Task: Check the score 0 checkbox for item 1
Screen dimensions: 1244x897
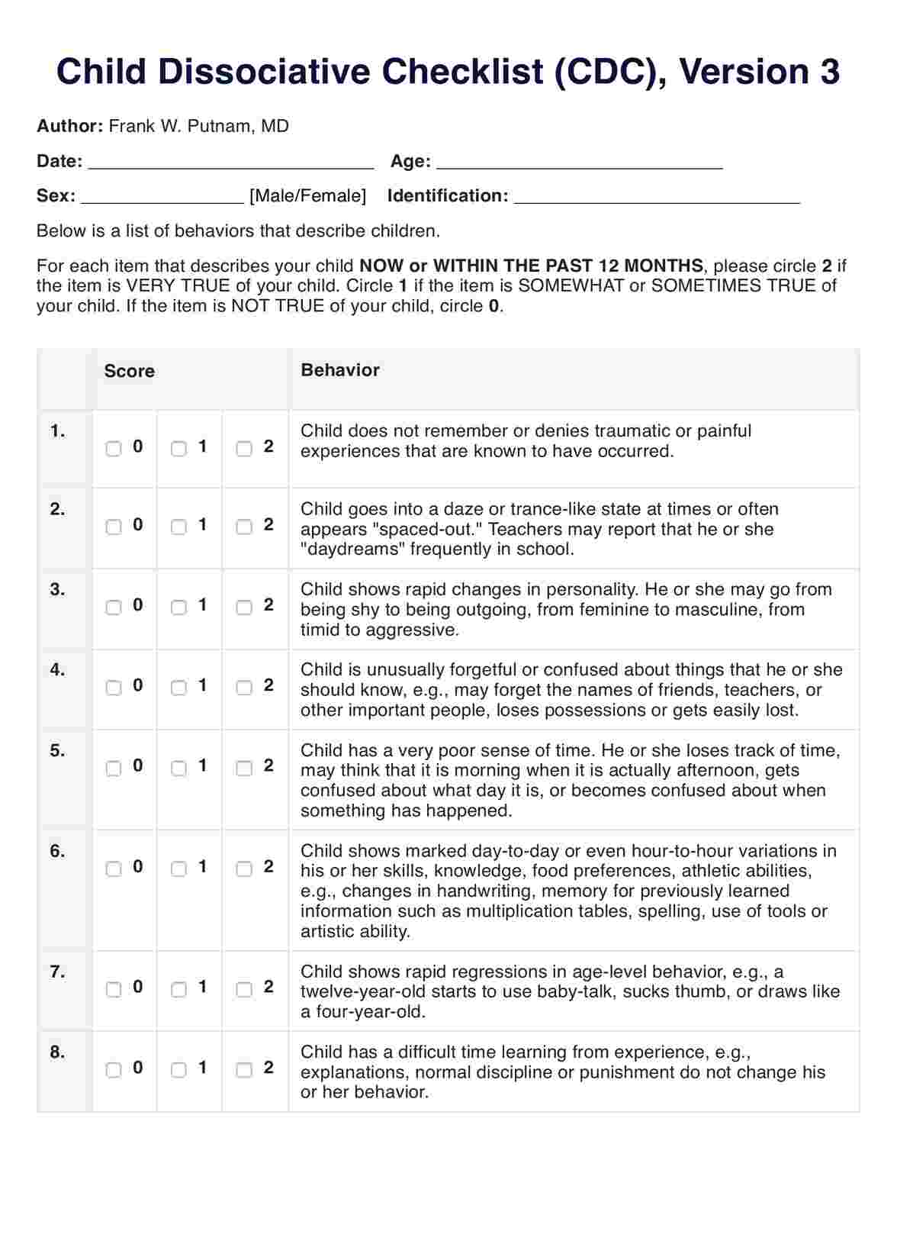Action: click(114, 449)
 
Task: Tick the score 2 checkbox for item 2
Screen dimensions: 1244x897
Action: click(244, 527)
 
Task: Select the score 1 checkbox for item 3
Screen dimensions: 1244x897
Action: click(178, 607)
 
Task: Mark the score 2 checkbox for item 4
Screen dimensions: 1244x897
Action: click(244, 688)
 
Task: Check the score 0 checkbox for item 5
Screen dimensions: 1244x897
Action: click(114, 768)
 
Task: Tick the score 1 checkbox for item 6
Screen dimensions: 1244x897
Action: click(178, 869)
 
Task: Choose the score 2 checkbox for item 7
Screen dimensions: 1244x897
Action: click(244, 989)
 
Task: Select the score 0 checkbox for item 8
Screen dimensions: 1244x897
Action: click(114, 1070)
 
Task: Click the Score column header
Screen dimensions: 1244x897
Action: click(130, 372)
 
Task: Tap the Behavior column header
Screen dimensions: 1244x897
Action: click(340, 370)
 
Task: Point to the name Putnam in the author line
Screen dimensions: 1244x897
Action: click(219, 126)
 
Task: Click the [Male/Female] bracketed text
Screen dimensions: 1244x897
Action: click(308, 196)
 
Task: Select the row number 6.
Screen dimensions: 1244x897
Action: click(58, 851)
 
